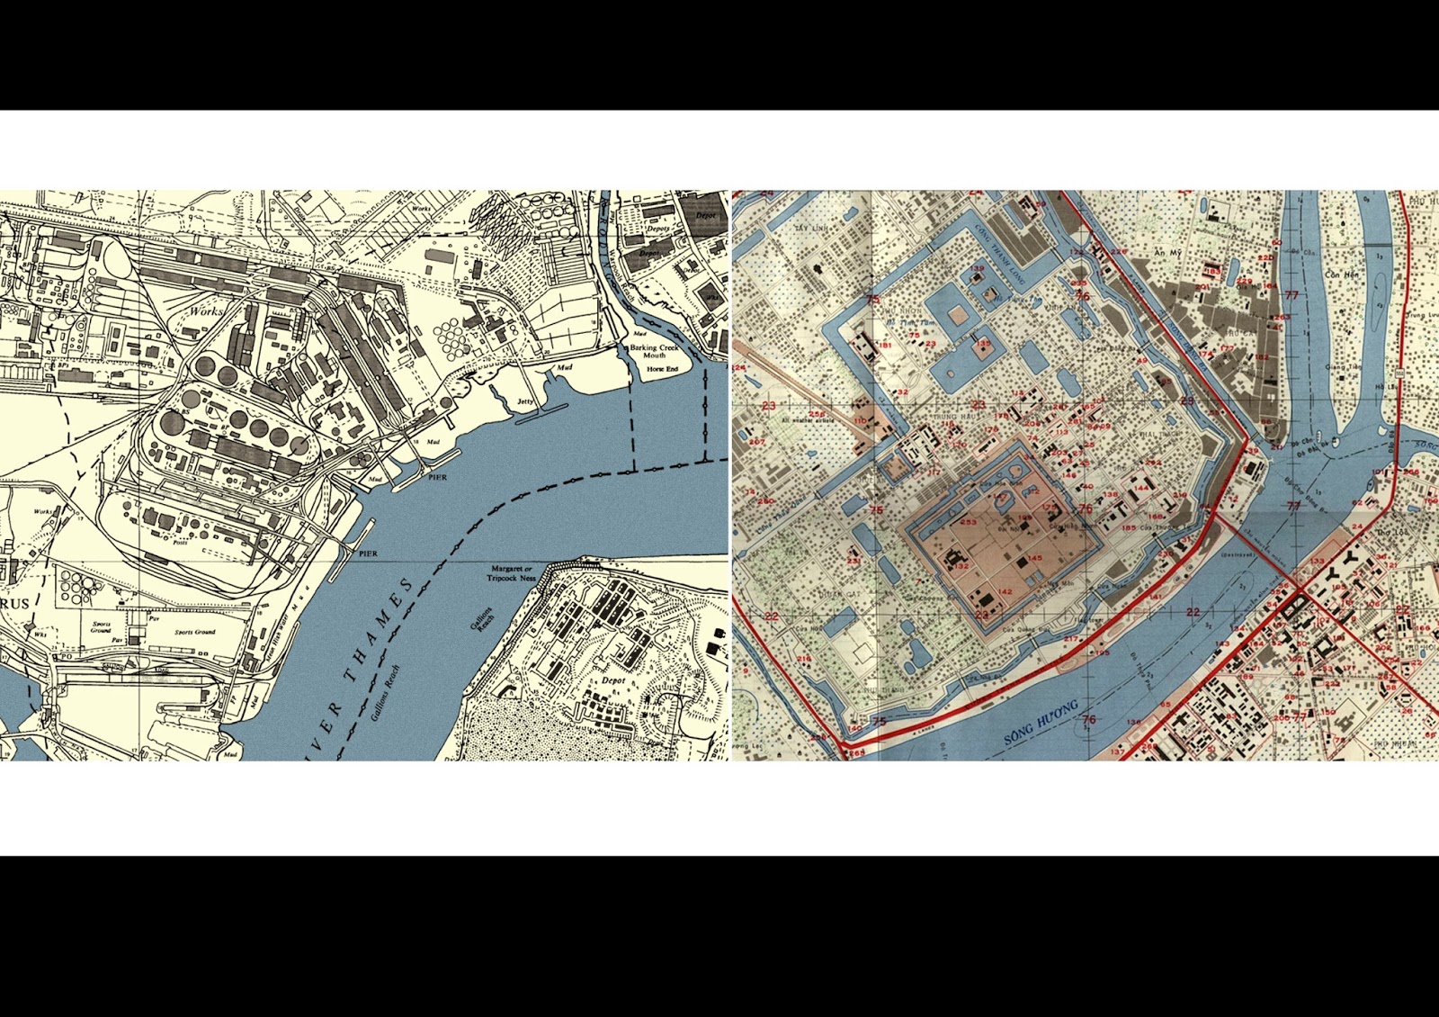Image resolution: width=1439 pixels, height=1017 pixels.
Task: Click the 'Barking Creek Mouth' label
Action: (654, 351)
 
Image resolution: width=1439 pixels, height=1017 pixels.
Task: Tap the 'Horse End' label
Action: (662, 369)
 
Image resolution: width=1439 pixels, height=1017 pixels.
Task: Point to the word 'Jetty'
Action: (525, 401)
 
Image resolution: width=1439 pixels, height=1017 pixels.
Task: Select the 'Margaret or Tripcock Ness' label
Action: (511, 573)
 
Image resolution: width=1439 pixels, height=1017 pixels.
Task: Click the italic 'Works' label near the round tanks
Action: (205, 310)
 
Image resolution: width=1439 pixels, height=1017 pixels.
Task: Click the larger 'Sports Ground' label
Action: (195, 632)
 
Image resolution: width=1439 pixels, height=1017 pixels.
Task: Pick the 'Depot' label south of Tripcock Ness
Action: (613, 680)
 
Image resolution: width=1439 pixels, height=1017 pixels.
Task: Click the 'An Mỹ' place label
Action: (1168, 254)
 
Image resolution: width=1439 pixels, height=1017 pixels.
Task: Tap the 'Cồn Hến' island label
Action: (1341, 274)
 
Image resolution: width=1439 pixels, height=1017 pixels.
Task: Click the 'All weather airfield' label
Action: (808, 420)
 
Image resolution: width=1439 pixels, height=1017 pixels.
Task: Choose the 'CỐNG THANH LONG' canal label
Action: (1000, 255)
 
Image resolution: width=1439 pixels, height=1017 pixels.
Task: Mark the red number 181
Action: (885, 345)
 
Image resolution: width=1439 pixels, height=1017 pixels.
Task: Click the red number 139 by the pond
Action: (977, 269)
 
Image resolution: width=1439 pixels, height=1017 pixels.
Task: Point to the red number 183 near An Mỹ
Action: (1213, 271)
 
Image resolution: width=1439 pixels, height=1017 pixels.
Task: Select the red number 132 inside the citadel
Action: (961, 567)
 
